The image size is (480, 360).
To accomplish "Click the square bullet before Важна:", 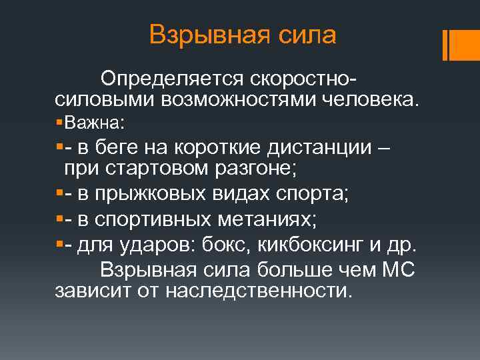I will click(59, 123).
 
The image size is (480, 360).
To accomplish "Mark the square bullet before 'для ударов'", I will click(59, 245).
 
